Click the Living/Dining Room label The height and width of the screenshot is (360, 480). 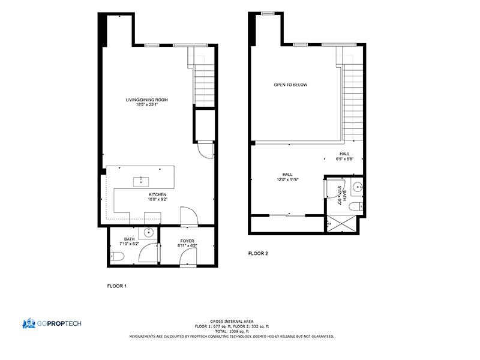click(x=146, y=100)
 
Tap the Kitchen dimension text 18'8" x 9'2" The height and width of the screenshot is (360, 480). click(x=158, y=200)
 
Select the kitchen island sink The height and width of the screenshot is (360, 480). click(x=141, y=182)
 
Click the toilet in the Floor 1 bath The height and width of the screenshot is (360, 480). click(x=117, y=256)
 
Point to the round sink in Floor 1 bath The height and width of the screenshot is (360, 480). click(x=149, y=232)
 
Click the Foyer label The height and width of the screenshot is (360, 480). click(x=187, y=241)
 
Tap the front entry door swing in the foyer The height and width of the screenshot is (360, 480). click(x=188, y=257)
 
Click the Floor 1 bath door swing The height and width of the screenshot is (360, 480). click(x=148, y=253)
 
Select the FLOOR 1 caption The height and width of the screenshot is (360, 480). click(x=116, y=286)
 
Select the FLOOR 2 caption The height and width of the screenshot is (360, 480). click(x=258, y=253)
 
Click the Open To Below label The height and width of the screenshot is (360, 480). click(x=290, y=85)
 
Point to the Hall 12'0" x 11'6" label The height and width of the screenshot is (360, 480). click(x=287, y=177)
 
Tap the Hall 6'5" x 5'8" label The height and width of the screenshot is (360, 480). click(x=344, y=157)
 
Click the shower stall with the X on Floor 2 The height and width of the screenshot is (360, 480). click(x=341, y=224)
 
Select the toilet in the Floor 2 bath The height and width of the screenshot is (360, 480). click(x=356, y=206)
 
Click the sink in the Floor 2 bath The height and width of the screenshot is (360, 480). click(x=357, y=187)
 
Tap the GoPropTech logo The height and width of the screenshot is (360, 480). click(x=52, y=323)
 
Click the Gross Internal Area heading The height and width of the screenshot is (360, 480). click(x=232, y=322)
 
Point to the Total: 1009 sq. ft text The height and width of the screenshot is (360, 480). click(x=232, y=331)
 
